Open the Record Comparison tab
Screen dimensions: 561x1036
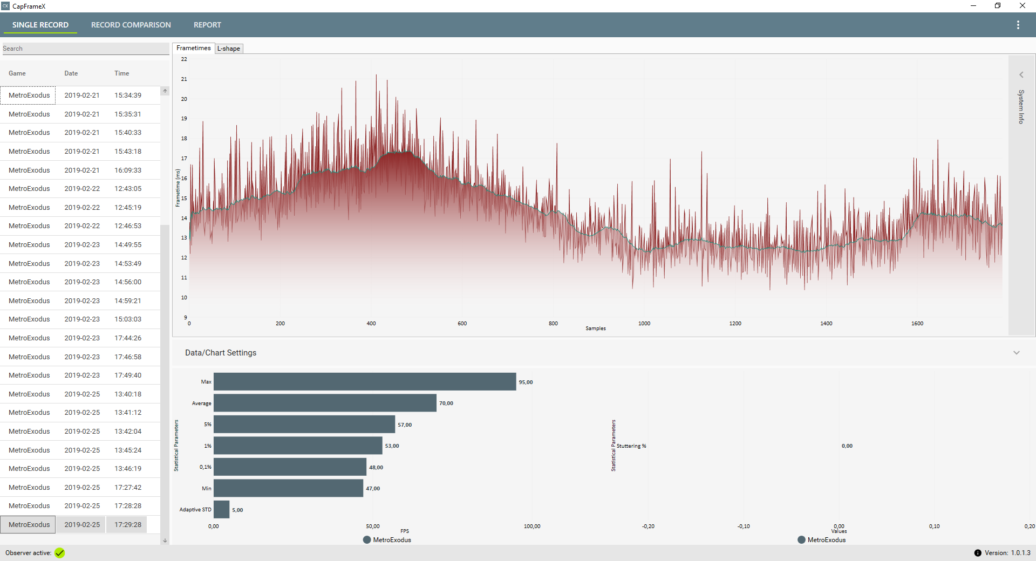click(131, 25)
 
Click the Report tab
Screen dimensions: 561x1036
click(207, 25)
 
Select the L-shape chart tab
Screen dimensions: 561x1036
click(229, 49)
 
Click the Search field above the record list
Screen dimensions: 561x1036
click(85, 49)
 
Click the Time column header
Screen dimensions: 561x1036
click(121, 73)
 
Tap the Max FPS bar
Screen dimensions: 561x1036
click(364, 382)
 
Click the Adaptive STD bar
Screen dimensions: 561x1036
click(221, 510)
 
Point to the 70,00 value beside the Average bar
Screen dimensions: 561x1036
click(446, 403)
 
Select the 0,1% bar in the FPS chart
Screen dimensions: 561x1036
click(290, 467)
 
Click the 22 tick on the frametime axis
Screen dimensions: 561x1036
click(184, 59)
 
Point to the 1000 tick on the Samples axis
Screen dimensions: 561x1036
click(644, 324)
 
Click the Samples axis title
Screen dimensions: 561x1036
click(596, 329)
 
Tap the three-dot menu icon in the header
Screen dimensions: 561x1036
click(1018, 25)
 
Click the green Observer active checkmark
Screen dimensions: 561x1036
click(59, 553)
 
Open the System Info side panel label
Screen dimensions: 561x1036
click(1021, 107)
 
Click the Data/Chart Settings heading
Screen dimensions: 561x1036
click(221, 353)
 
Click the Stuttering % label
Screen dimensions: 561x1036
click(631, 446)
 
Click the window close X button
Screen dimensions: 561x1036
click(1022, 6)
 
